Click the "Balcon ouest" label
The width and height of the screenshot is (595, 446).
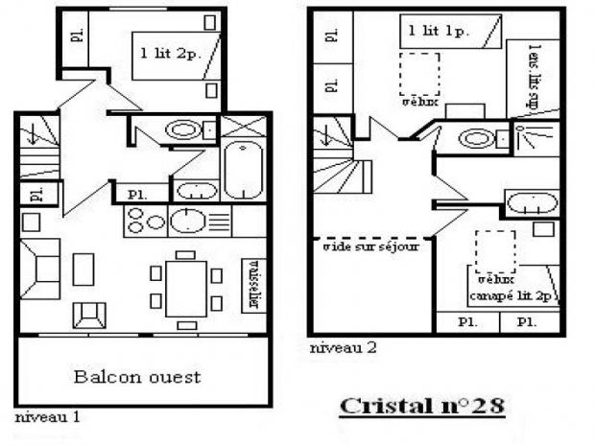coord(137,376)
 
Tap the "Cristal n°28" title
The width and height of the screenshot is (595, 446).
coord(421,405)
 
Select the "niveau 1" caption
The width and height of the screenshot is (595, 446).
coord(47,417)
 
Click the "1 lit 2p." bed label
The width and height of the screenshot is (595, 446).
coord(170,51)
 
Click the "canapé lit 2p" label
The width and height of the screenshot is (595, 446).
coord(512,294)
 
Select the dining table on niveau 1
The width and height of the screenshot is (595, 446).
coord(185,285)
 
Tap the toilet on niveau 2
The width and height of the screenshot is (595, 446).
coord(474,139)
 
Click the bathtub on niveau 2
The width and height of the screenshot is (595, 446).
coord(530,203)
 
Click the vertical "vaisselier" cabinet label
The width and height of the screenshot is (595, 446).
coord(254,284)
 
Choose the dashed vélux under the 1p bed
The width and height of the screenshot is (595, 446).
coord(418,74)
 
